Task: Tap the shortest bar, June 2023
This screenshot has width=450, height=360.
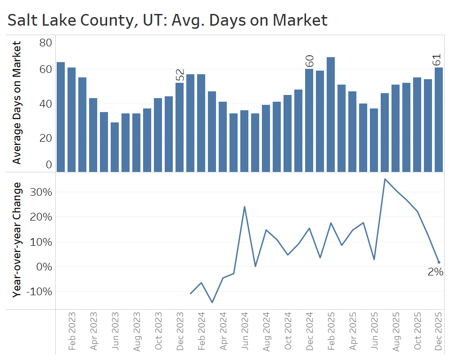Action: (x=115, y=147)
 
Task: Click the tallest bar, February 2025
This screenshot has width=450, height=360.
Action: (x=331, y=114)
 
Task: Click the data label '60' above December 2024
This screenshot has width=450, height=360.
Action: (x=309, y=61)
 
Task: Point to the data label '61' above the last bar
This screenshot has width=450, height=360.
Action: (x=439, y=60)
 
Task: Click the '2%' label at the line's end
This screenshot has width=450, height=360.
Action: (x=435, y=272)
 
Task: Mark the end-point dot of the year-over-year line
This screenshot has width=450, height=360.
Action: (x=439, y=262)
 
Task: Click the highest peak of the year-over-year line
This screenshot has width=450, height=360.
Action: (x=385, y=179)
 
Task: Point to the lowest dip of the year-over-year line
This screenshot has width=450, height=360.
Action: (x=212, y=302)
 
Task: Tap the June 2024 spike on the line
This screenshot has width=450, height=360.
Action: (x=244, y=207)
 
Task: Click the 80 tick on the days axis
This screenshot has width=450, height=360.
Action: (x=46, y=43)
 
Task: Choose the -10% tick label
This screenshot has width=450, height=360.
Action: (x=39, y=292)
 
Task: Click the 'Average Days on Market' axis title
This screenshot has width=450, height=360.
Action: (x=17, y=103)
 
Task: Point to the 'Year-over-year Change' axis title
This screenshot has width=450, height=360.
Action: (x=17, y=239)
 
